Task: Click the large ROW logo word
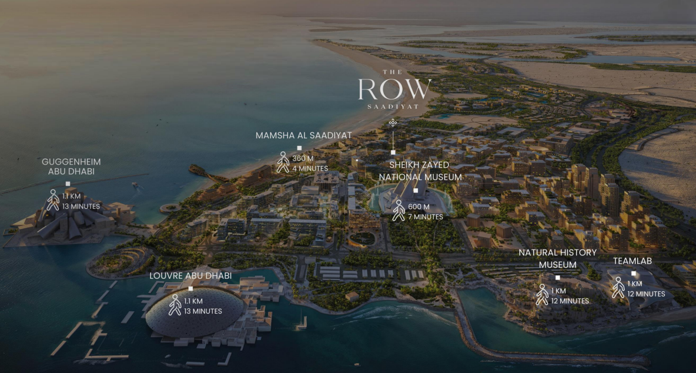394,89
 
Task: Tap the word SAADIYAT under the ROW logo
393,106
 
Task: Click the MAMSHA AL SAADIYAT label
303,135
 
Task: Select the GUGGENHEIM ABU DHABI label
71,166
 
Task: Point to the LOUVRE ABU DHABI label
190,275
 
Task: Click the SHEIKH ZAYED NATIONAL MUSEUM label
420,171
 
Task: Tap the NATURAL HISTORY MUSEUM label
557,258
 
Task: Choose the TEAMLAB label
633,260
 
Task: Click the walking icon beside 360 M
283,162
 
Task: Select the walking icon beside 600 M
399,211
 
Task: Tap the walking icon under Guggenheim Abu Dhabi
53,200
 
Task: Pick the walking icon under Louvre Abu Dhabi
175,305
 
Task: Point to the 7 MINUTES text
426,217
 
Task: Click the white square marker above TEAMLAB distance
634,273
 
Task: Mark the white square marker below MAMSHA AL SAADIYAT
299,148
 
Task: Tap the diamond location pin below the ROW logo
393,122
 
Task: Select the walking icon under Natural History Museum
542,295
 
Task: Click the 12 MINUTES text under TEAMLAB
646,294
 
